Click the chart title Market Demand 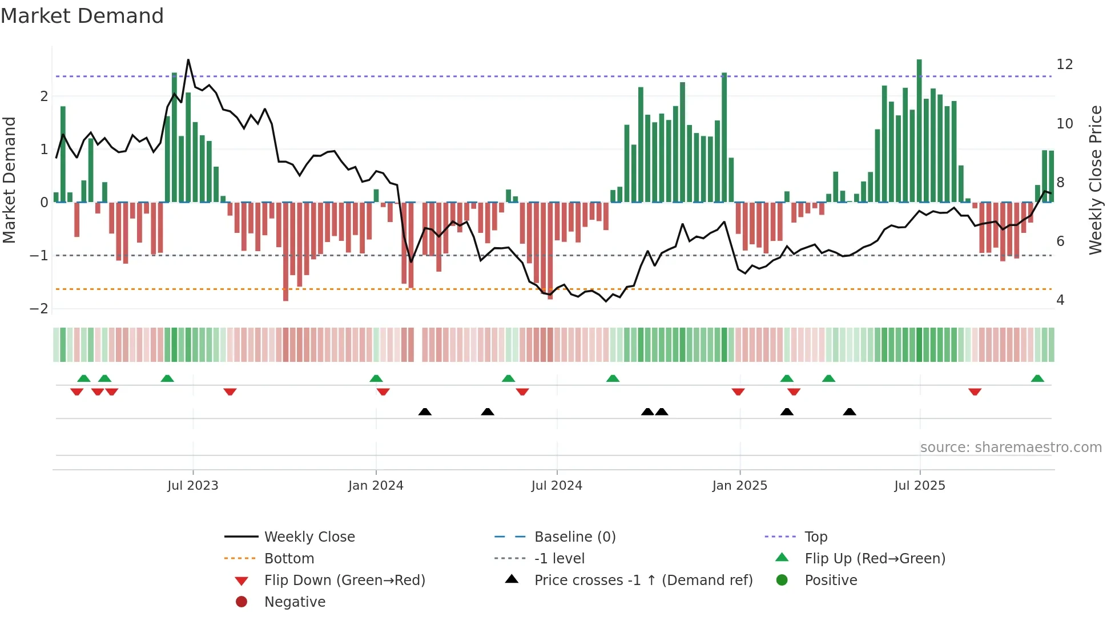click(x=82, y=16)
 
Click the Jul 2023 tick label click(x=193, y=486)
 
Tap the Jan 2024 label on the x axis click(x=376, y=486)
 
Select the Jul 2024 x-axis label click(x=557, y=486)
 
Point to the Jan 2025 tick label click(x=740, y=486)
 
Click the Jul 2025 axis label click(x=920, y=486)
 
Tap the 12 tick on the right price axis click(x=1065, y=64)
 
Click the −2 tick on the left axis click(x=39, y=309)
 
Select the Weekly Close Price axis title click(x=1096, y=180)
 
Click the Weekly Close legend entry click(x=309, y=537)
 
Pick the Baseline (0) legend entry click(x=575, y=537)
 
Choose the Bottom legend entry click(x=289, y=559)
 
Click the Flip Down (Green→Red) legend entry click(x=344, y=580)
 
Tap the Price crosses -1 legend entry click(x=643, y=580)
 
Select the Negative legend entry click(x=295, y=602)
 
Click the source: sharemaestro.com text click(x=1011, y=447)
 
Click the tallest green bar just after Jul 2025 click(x=919, y=131)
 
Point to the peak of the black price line click(x=188, y=60)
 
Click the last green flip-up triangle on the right click(x=1037, y=378)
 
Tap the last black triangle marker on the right click(x=850, y=412)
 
